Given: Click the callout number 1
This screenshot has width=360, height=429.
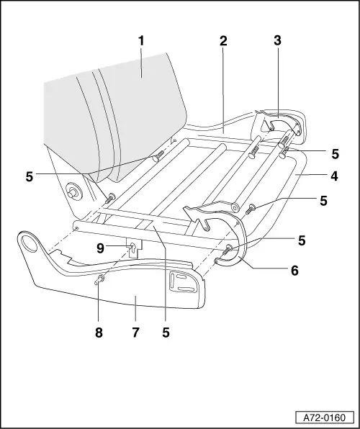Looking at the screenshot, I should click(x=141, y=40).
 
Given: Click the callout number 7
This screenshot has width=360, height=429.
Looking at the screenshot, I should click(x=135, y=333).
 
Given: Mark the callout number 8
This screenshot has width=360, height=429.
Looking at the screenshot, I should click(x=99, y=333).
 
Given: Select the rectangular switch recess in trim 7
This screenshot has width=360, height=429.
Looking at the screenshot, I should click(x=177, y=278).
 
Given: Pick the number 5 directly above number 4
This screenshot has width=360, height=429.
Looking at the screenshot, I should click(x=335, y=153).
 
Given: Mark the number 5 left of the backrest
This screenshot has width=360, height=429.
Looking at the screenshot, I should click(x=30, y=175).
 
